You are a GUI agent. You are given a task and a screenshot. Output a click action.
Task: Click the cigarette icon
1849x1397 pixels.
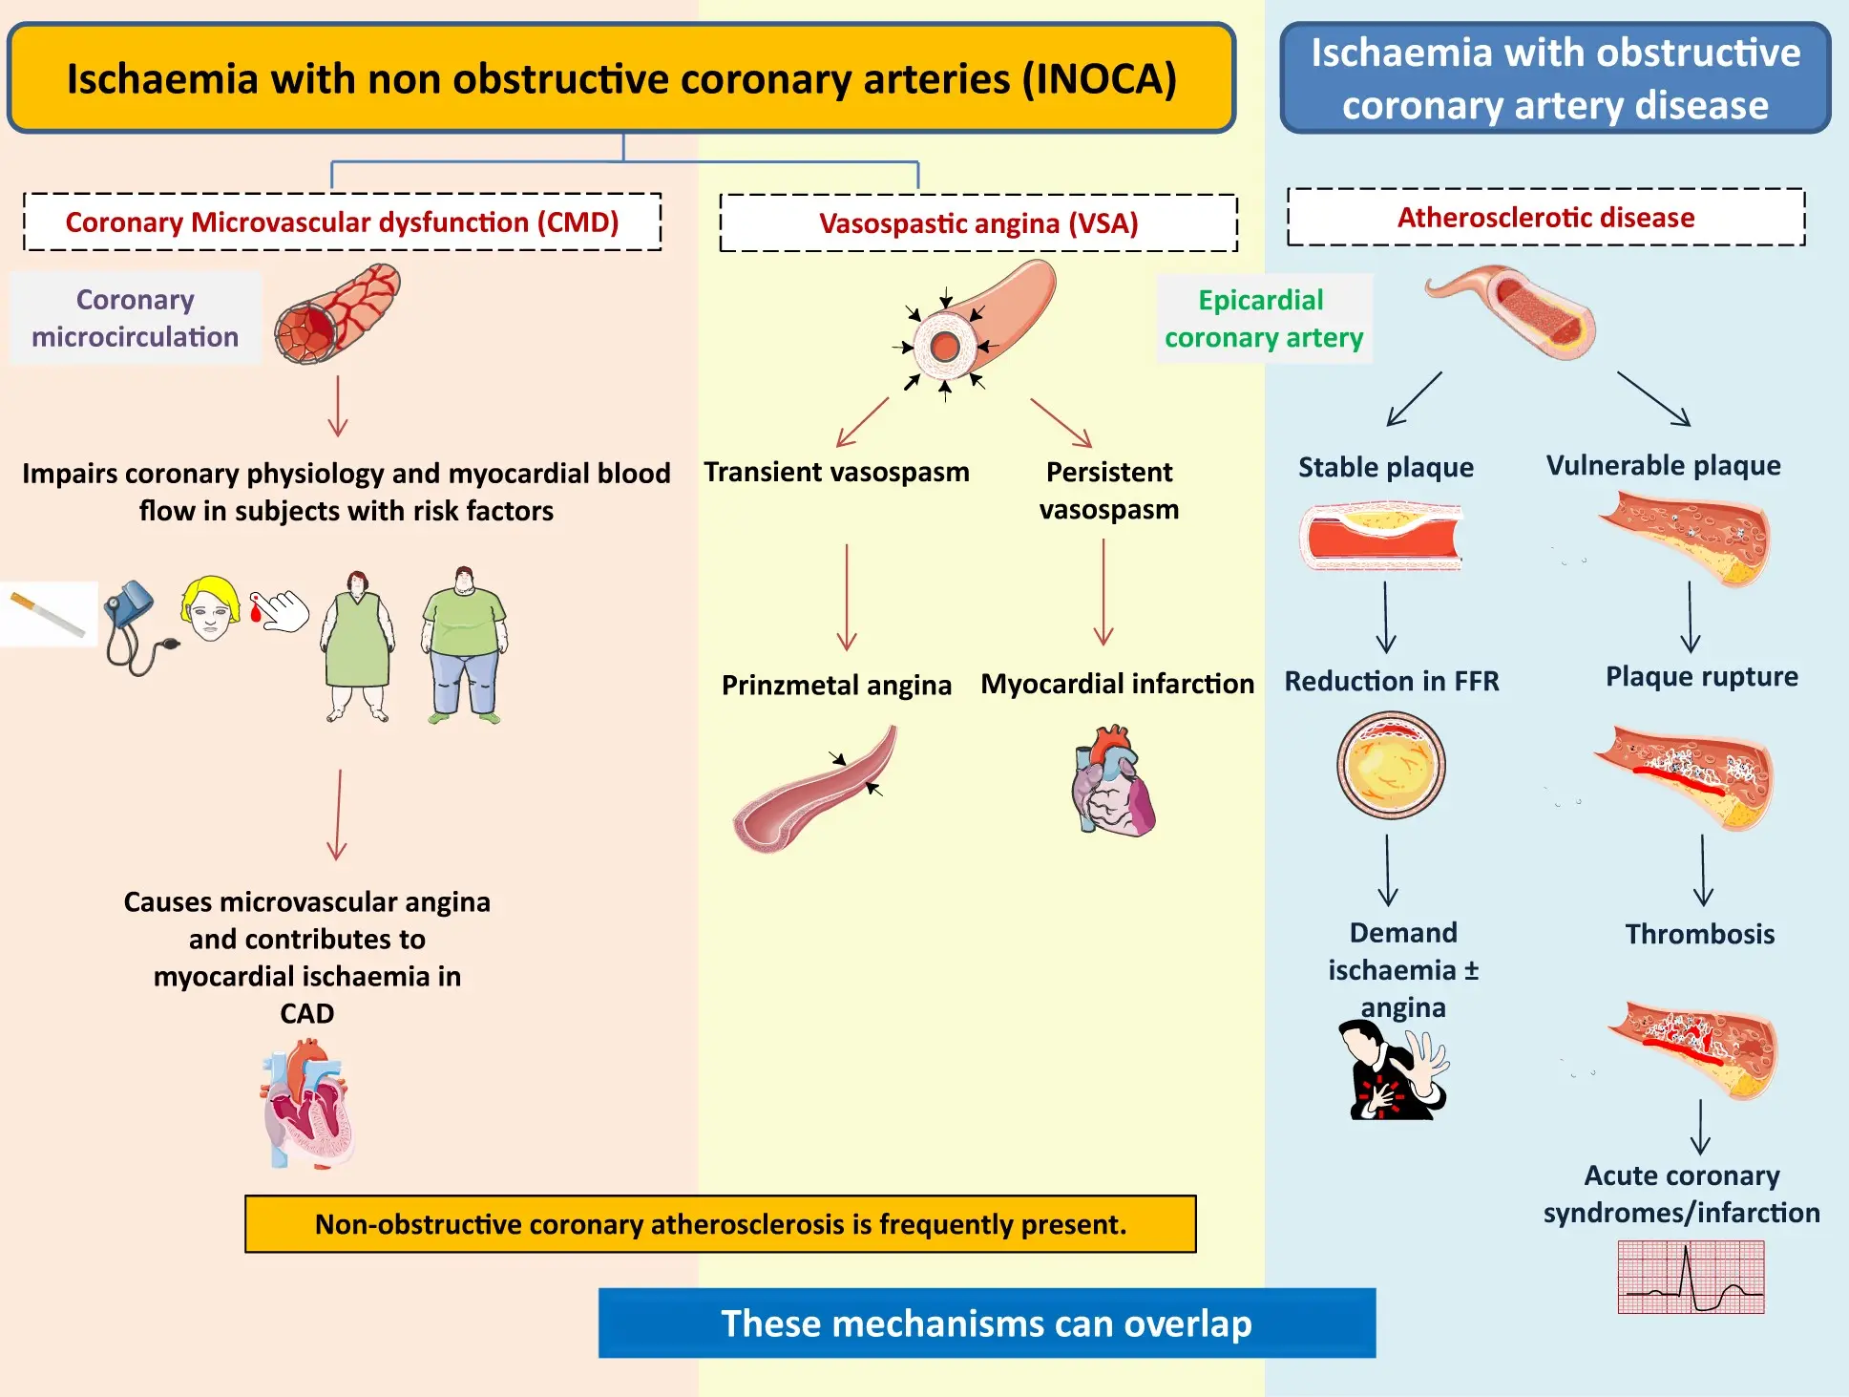pos(48,614)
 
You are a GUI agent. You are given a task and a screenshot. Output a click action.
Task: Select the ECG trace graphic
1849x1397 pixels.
pos(1691,1278)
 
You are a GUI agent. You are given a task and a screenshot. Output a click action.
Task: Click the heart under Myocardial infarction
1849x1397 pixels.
pos(1113,781)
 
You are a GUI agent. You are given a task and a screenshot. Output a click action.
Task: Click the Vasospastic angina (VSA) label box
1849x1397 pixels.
pos(978,223)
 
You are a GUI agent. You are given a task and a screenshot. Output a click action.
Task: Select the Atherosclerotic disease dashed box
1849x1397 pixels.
pos(1545,218)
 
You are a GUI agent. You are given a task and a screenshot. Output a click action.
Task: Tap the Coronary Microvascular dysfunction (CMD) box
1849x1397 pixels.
pos(342,222)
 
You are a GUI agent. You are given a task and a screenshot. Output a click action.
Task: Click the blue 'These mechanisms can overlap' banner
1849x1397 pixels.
pos(986,1323)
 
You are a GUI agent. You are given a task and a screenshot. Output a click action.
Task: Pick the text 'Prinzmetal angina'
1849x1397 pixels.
pos(836,686)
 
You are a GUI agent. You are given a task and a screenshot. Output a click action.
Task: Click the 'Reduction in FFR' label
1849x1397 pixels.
pos(1391,681)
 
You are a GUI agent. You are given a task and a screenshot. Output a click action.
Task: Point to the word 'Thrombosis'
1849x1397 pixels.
pos(1699,934)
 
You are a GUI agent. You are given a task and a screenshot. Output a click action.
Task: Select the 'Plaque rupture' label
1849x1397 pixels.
pos(1701,677)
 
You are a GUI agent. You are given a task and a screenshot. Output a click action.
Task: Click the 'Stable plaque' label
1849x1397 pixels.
pos(1385,467)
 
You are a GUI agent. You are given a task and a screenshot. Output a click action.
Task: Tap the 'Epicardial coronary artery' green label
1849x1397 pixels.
pos(1263,319)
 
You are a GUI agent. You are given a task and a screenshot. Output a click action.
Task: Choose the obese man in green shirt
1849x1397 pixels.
pos(464,644)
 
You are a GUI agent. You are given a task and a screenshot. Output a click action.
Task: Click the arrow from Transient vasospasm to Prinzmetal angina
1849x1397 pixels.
pos(847,597)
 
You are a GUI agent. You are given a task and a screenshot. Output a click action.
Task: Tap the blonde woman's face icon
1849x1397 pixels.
pos(210,607)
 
